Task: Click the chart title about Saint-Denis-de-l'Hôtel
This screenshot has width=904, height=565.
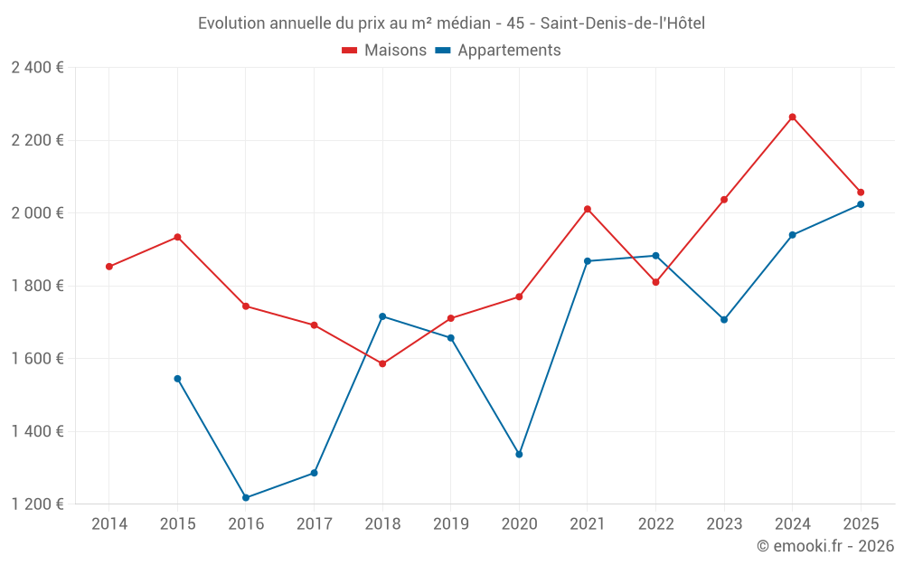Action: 451,23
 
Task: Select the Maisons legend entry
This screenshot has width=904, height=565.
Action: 384,51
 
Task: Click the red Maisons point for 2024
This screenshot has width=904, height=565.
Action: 792,117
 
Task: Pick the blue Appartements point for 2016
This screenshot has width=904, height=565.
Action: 246,497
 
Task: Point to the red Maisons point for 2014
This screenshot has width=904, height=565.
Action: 109,267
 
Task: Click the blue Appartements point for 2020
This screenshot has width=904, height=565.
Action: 519,454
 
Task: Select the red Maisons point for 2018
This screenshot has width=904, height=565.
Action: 382,363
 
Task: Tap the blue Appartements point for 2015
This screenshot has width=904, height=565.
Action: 177,379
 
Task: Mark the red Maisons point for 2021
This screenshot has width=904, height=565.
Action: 588,209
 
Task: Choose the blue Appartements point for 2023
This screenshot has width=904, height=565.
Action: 724,319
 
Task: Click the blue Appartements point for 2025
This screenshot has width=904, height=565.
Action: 861,204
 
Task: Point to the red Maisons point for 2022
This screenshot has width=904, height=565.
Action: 655,282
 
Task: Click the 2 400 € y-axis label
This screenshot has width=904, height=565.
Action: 37,68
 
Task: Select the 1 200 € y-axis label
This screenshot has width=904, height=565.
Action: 37,504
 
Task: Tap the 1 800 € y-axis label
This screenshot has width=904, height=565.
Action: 37,286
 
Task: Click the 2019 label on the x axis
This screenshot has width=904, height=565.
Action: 451,524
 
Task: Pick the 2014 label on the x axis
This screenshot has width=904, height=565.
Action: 109,524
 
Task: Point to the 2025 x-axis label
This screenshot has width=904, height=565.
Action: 861,524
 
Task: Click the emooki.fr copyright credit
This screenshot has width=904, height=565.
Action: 824,546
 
